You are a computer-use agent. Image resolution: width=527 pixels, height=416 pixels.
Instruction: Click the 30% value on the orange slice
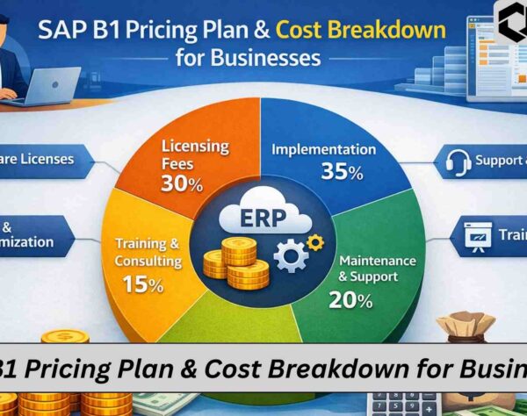(x=182, y=184)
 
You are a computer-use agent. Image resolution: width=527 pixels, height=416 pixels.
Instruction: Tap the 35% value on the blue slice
(x=343, y=173)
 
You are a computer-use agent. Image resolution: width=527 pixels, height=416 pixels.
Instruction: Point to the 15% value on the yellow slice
(x=142, y=284)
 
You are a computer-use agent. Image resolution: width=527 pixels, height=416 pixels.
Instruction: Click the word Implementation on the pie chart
(x=324, y=148)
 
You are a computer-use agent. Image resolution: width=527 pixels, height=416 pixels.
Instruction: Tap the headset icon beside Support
(x=456, y=161)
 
